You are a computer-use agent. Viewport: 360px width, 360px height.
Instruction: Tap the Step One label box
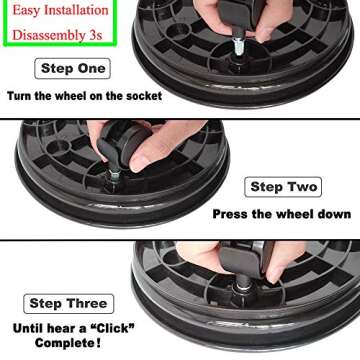[72, 69]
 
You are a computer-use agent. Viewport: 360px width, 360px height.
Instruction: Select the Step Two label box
[282, 187]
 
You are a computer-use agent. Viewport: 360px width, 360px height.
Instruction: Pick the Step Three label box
[70, 303]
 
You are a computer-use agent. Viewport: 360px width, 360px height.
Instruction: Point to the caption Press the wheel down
[281, 213]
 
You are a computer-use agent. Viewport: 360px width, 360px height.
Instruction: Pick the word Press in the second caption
[232, 213]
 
